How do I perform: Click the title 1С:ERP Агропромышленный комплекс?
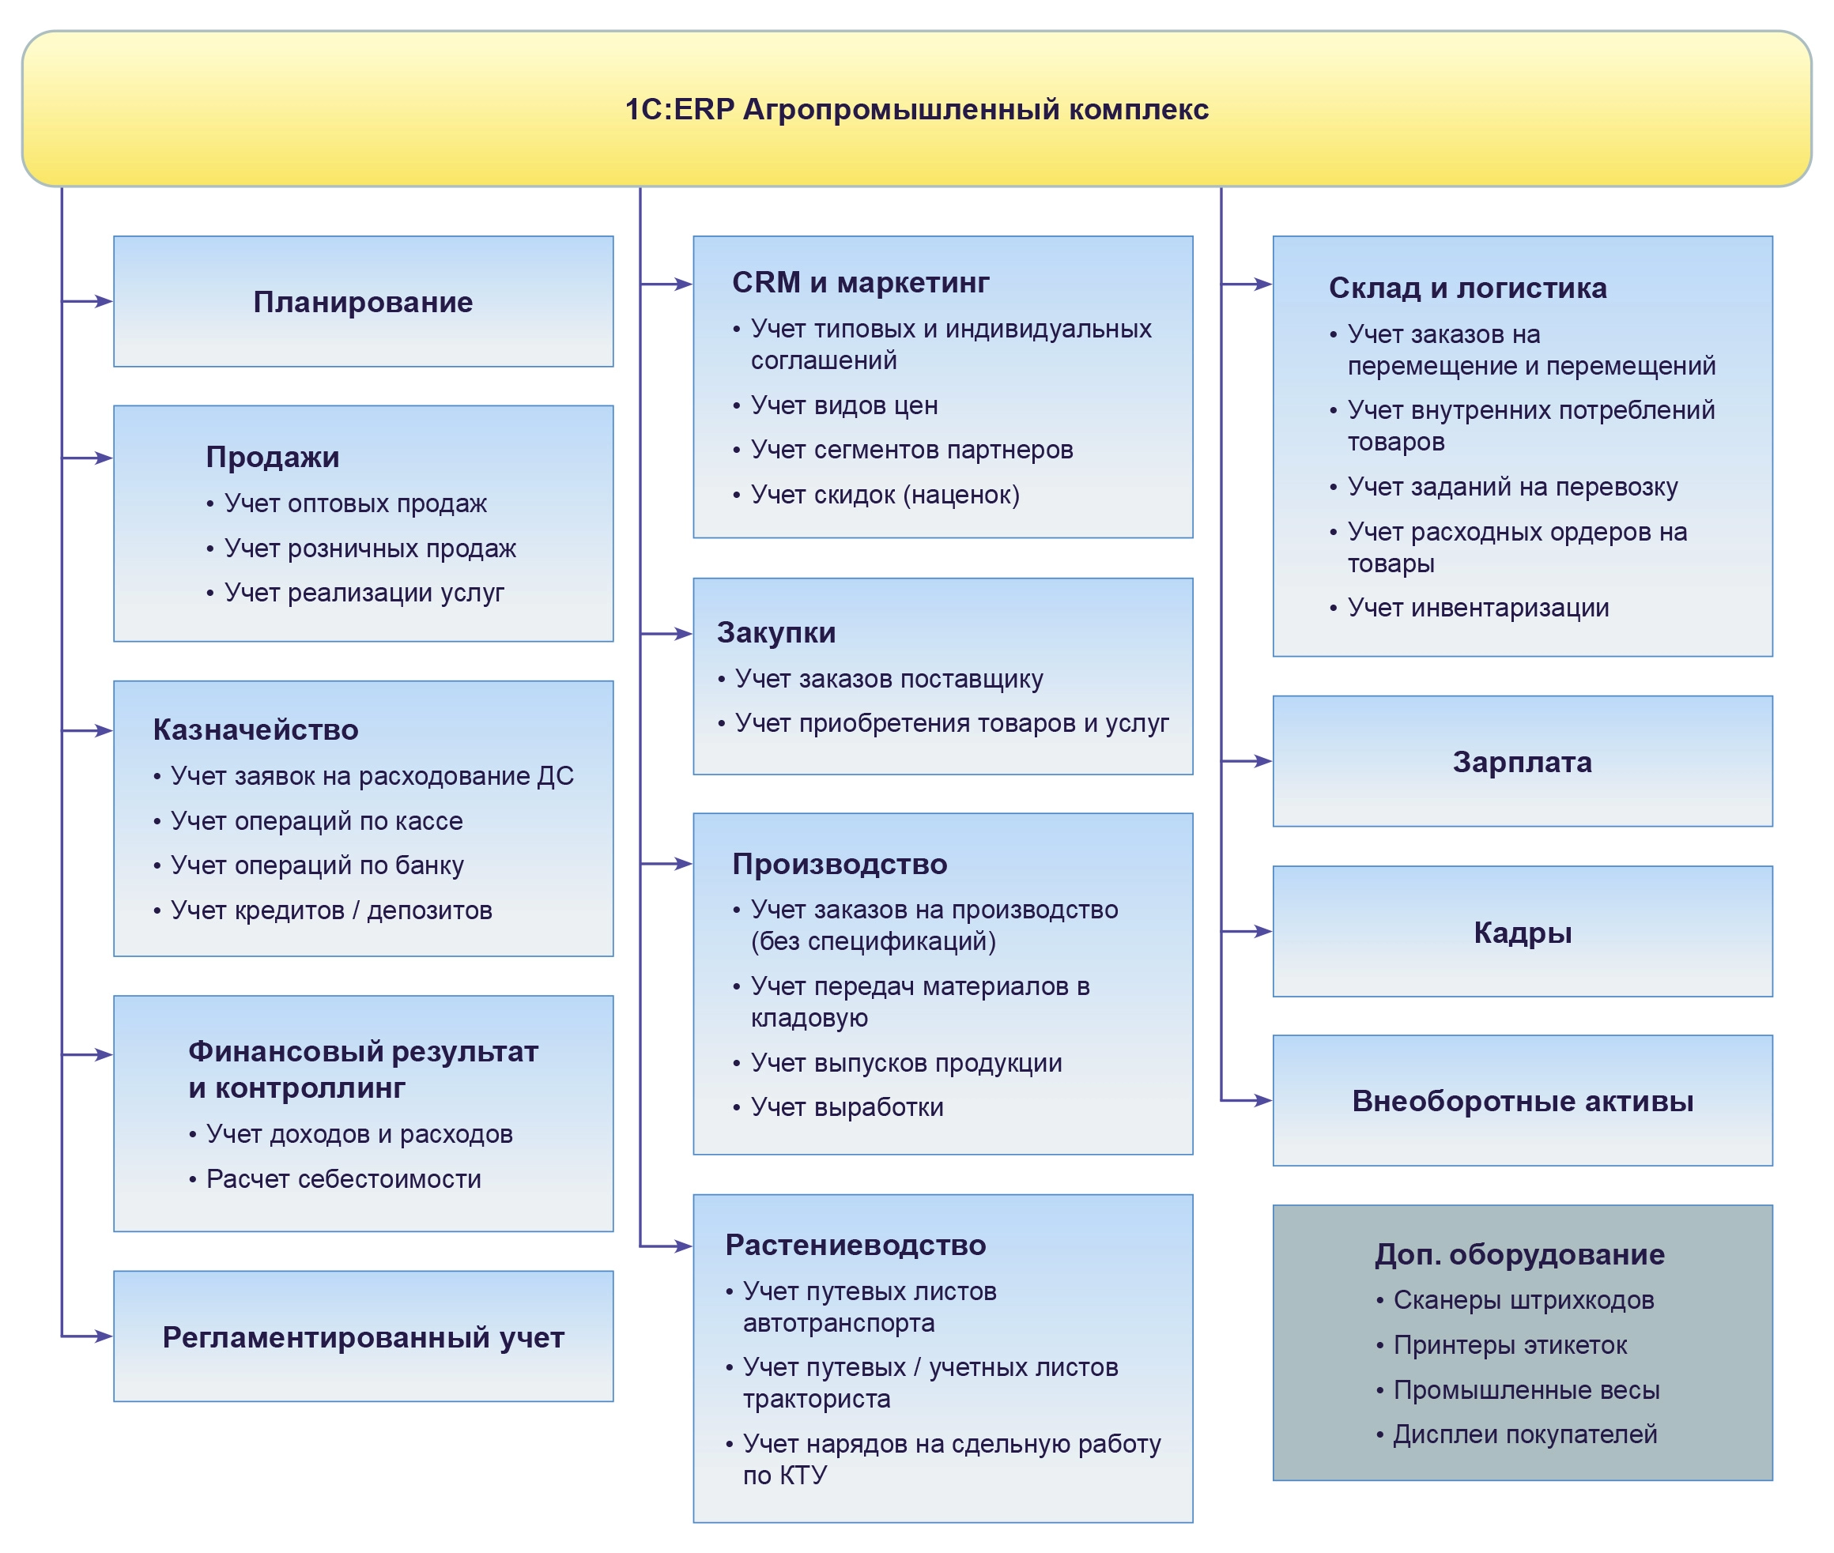[915, 109]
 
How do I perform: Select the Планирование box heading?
[363, 302]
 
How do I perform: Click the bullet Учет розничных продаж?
[370, 548]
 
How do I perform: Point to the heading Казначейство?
[255, 729]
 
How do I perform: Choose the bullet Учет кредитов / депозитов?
[331, 910]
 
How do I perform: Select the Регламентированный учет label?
[363, 1336]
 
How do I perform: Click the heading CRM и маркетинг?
[860, 283]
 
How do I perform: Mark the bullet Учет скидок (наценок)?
[884, 494]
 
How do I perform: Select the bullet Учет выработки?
[846, 1106]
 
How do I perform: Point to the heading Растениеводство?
[855, 1245]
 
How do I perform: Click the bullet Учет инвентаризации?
[1477, 608]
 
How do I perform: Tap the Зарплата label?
[1522, 762]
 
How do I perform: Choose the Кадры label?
[1522, 933]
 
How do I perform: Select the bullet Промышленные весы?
[1526, 1389]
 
